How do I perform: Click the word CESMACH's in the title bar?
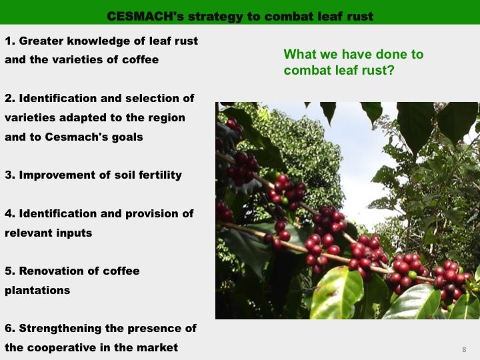point(145,16)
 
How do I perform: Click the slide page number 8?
point(464,349)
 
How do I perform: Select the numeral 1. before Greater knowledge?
point(10,41)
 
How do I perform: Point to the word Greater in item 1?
point(41,41)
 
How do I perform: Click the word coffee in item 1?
point(140,59)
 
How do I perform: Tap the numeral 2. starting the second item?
point(10,98)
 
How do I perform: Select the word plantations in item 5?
point(37,291)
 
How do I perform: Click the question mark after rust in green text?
point(390,70)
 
